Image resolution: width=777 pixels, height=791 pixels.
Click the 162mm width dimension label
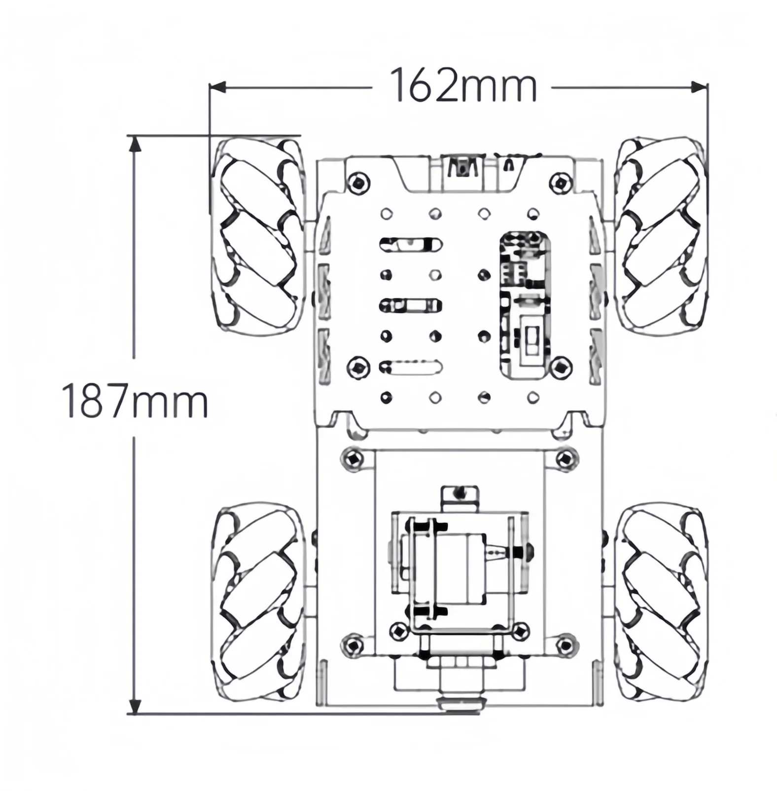[463, 86]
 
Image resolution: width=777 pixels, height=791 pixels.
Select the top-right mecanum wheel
[661, 237]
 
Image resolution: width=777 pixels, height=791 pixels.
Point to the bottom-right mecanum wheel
[662, 601]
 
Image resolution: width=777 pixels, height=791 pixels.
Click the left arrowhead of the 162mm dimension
[217, 87]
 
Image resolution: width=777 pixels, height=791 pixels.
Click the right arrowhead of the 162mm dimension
[700, 87]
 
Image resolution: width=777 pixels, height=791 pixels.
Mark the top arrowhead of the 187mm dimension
[135, 144]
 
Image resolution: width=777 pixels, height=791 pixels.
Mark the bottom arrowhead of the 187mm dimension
[135, 706]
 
